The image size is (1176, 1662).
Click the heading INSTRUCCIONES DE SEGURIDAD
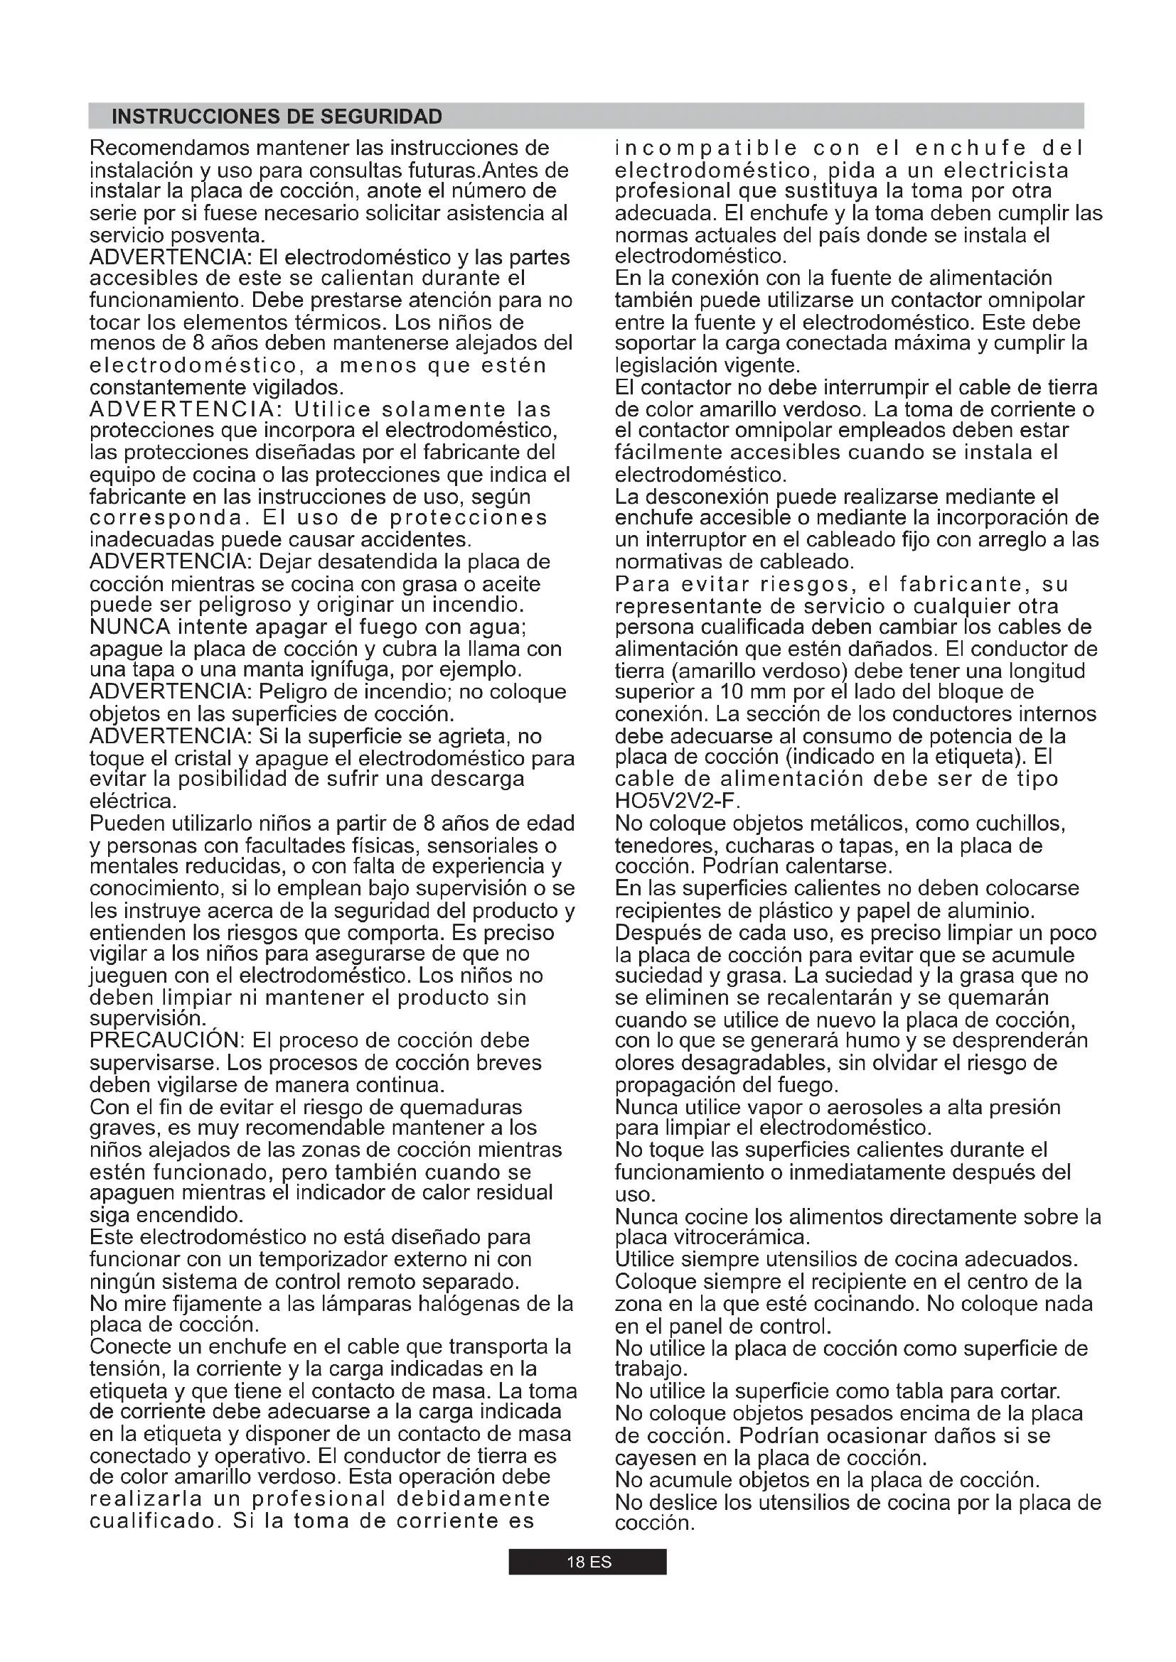coord(277,117)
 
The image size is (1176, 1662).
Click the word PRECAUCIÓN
coord(168,1040)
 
